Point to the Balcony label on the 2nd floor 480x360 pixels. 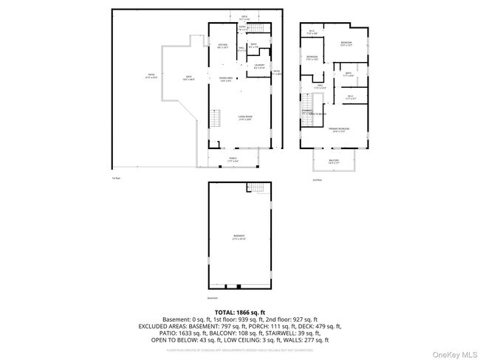(x=333, y=162)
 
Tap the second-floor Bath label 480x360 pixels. (x=348, y=74)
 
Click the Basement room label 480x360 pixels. (x=239, y=237)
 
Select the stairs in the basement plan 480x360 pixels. (x=255, y=187)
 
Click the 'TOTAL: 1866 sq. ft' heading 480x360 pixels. (x=239, y=313)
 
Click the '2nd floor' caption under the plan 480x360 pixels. (x=316, y=179)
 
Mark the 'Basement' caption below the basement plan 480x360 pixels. (x=213, y=297)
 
